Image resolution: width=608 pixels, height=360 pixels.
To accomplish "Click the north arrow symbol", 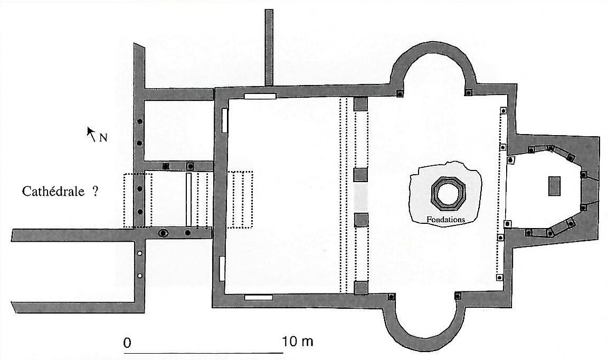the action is pos(91,134).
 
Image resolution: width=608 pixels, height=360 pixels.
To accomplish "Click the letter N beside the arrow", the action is pos(103,138).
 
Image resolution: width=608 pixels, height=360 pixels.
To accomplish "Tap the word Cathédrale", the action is pos(53,191).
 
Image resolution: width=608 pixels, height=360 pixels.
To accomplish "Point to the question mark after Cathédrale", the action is pos(96,191).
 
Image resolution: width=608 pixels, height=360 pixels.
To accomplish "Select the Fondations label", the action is pos(445,220).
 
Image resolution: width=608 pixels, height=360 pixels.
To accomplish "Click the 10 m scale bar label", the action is pos(298,342).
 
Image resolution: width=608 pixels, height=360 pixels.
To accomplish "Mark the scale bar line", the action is pos(204,353).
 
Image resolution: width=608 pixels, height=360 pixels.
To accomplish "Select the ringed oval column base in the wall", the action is pos(163,233).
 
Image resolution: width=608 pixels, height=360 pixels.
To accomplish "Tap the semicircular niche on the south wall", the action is pos(424,326).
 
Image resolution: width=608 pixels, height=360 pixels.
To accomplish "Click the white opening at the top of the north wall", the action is pos(260,96).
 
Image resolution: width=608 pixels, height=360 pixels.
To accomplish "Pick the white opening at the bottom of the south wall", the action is pos(258,298).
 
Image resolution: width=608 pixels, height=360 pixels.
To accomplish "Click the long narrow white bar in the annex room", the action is pos(189,200).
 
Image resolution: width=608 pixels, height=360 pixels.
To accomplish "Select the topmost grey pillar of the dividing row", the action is pos(360,105).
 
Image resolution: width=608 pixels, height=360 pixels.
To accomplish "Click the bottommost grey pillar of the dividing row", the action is pos(361,288).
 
